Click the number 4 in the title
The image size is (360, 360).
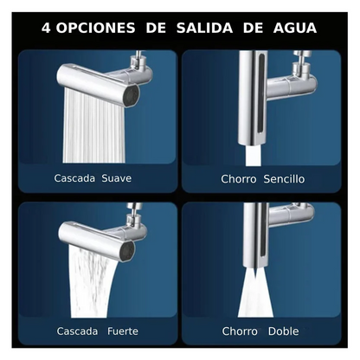[x=47, y=28]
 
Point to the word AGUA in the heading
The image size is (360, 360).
[x=293, y=28]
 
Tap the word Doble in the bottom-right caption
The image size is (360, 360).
[x=283, y=331]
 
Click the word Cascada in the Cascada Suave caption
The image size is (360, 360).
[x=74, y=179]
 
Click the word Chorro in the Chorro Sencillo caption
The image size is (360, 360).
[x=239, y=179]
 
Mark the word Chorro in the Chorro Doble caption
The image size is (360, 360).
[x=240, y=331]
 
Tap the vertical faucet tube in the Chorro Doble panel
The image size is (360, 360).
[x=251, y=234]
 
